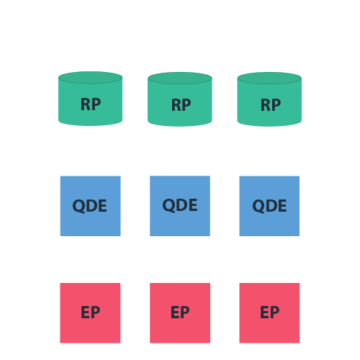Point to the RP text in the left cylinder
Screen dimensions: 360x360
click(90, 104)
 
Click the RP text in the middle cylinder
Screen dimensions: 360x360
click(181, 105)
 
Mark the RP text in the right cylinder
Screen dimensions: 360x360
click(270, 105)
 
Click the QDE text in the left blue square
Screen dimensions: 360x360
click(90, 206)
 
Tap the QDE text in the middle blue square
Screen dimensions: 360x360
click(180, 205)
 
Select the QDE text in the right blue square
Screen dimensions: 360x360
click(269, 206)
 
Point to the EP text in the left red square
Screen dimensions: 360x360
click(90, 312)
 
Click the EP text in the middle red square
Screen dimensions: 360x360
click(180, 312)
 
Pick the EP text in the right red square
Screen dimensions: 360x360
click(269, 312)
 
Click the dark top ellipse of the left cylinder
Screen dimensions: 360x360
click(90, 78)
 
